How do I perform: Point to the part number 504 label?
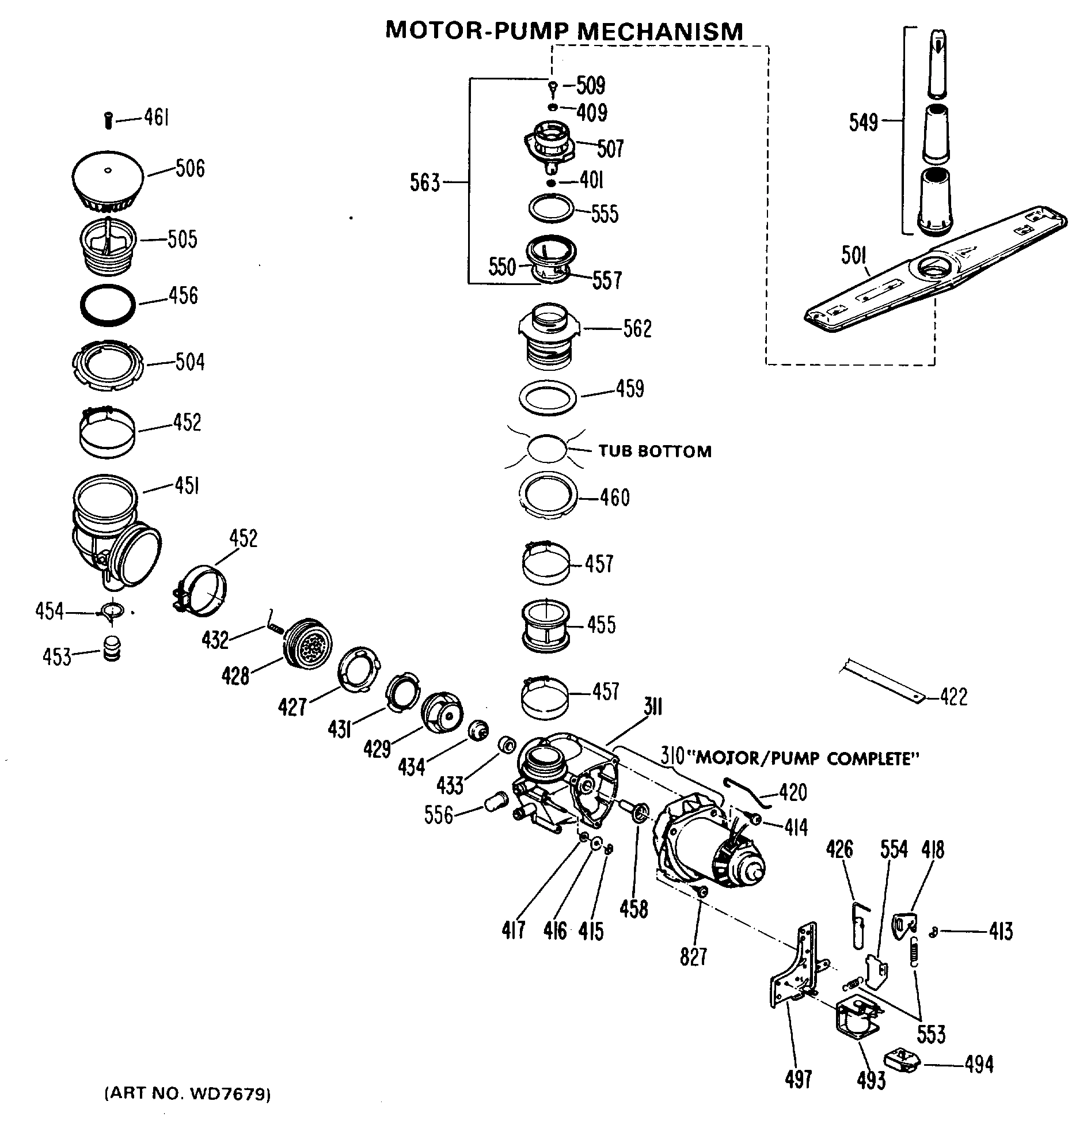click(x=190, y=362)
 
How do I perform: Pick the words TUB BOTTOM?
click(x=655, y=451)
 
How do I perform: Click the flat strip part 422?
click(x=881, y=681)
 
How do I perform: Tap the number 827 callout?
click(x=693, y=958)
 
